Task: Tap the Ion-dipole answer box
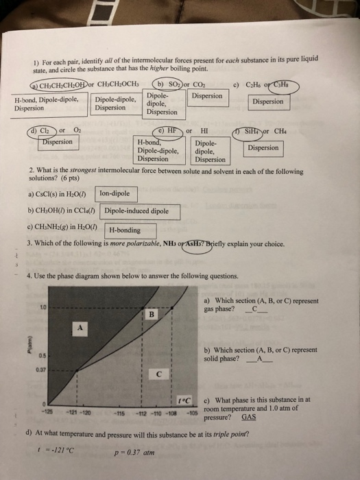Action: click(x=115, y=194)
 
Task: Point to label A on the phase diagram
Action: click(x=80, y=328)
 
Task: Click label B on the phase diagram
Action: click(x=152, y=314)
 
